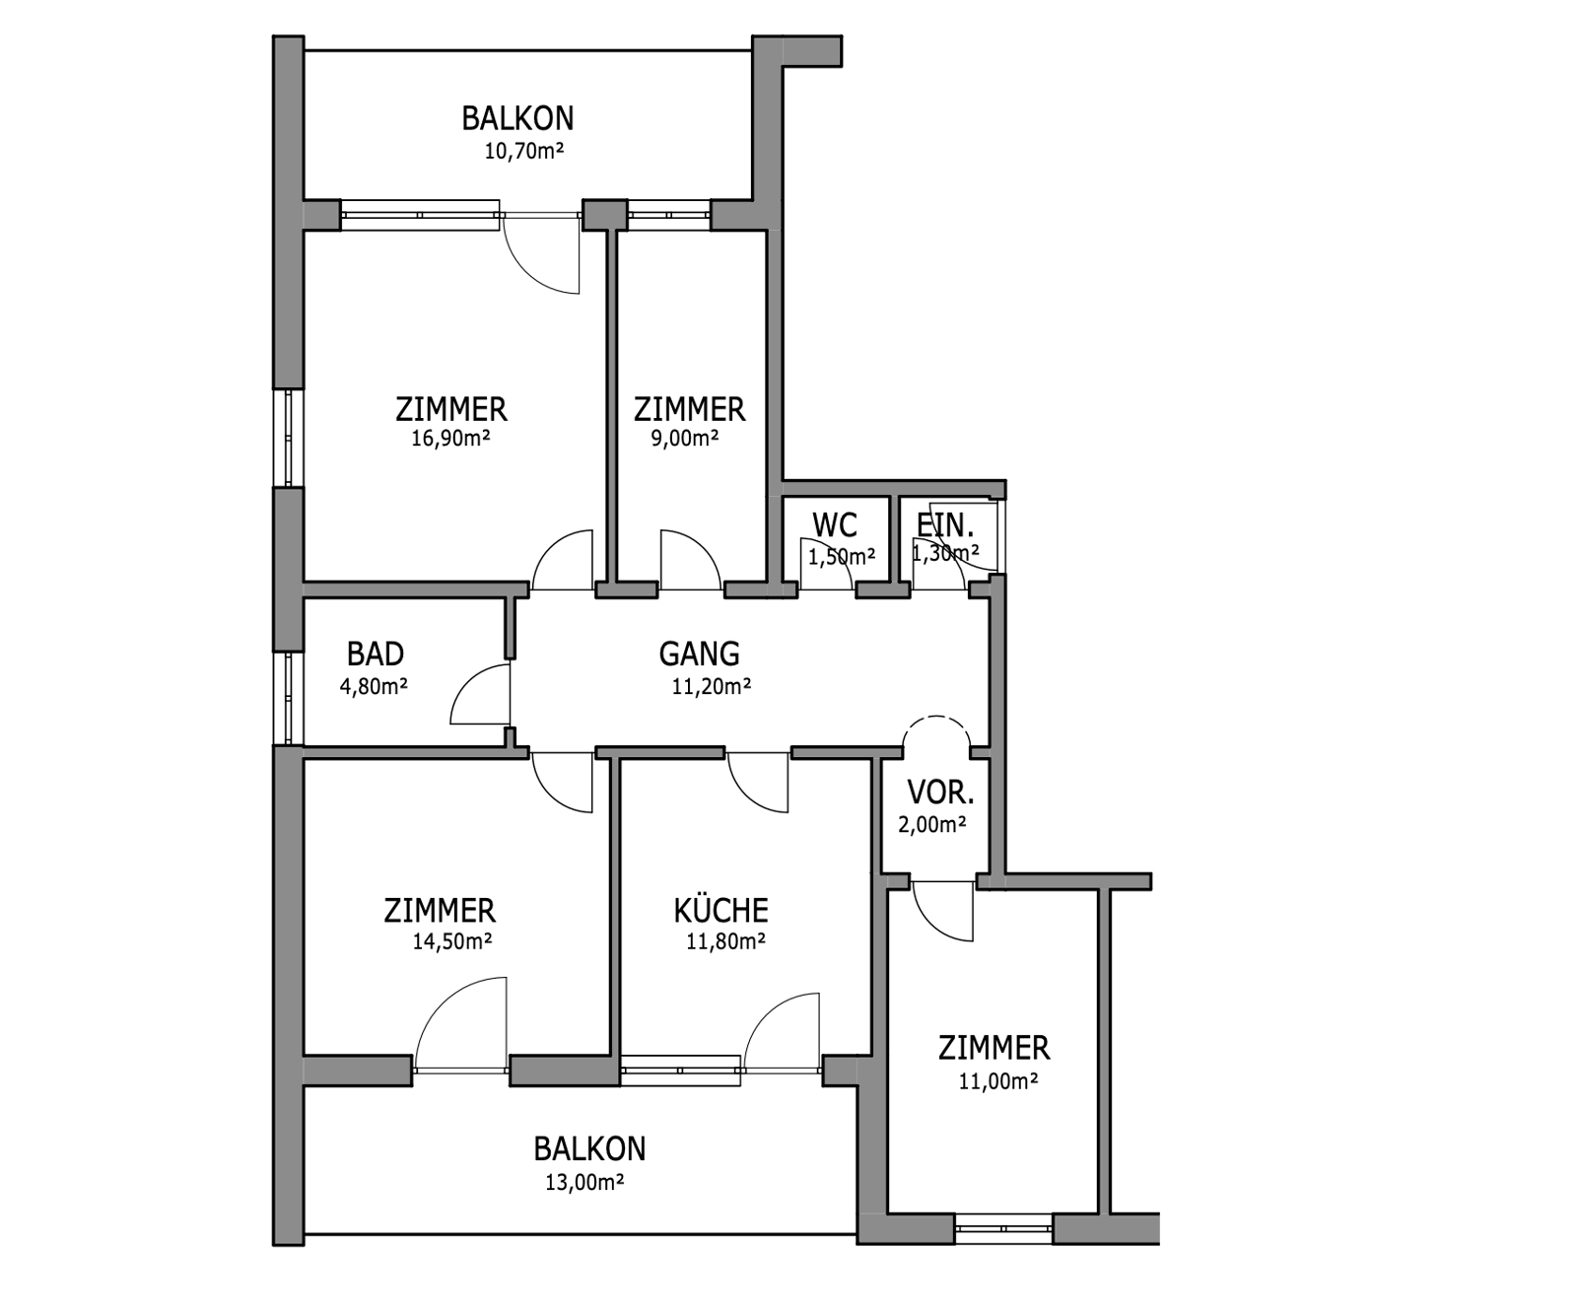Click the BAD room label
click(x=376, y=654)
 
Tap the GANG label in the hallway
click(x=699, y=654)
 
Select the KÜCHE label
click(x=720, y=909)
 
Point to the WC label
click(x=835, y=525)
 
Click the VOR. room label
click(x=940, y=792)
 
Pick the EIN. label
click(x=945, y=524)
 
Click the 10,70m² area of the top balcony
click(x=523, y=151)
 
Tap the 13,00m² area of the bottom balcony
click(x=584, y=1182)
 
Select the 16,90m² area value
click(x=450, y=439)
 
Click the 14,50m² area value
click(x=452, y=941)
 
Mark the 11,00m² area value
click(x=998, y=1081)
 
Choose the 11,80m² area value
click(x=725, y=941)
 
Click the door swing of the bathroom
click(x=467, y=678)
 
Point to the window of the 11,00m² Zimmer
click(x=1003, y=1228)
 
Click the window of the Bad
click(x=289, y=698)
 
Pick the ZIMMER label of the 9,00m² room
click(x=689, y=408)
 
